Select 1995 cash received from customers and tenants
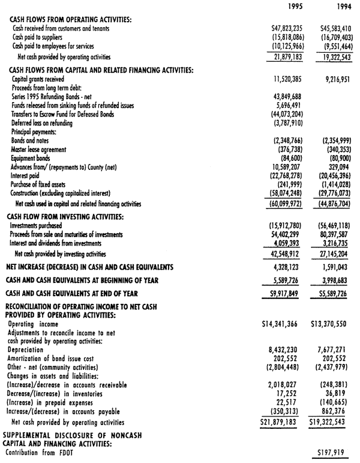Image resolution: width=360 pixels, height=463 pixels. [290, 28]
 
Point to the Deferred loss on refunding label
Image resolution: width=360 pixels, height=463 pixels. [42, 123]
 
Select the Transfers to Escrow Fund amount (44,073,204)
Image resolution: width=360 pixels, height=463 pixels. [290, 115]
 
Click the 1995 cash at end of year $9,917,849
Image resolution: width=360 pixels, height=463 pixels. [290, 294]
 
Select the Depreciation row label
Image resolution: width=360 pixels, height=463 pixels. [26, 349]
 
